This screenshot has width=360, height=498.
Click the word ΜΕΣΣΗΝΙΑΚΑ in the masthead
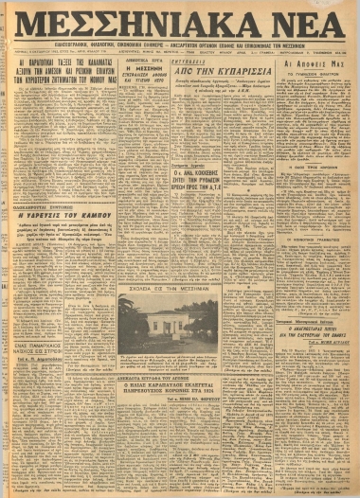(142, 29)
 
